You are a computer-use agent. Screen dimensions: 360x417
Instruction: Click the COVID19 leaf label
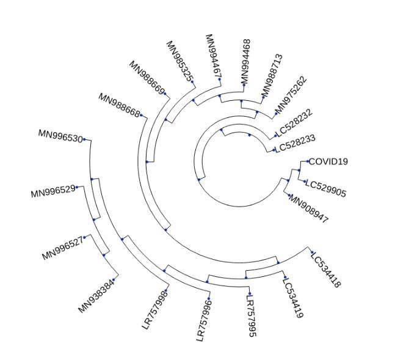pyautogui.click(x=328, y=162)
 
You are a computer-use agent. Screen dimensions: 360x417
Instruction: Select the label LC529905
pyautogui.click(x=325, y=189)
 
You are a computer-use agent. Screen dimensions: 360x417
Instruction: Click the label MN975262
pyautogui.click(x=291, y=96)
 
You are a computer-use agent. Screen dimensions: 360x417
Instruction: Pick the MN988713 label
pyautogui.click(x=272, y=75)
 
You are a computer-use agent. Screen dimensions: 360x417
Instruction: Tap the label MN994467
pyautogui.click(x=213, y=56)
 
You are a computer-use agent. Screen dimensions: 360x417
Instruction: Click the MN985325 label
pyautogui.click(x=179, y=61)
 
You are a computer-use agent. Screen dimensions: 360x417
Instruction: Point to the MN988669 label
pyautogui.click(x=147, y=78)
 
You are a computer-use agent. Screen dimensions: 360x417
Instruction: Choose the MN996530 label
pyautogui.click(x=60, y=136)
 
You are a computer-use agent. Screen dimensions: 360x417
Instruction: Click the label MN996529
pyautogui.click(x=53, y=191)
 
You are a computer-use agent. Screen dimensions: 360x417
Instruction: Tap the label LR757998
pyautogui.click(x=154, y=309)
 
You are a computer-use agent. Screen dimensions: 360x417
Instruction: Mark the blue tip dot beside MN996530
pyautogui.click(x=84, y=139)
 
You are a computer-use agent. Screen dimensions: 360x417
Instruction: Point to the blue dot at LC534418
pyautogui.click(x=311, y=252)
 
